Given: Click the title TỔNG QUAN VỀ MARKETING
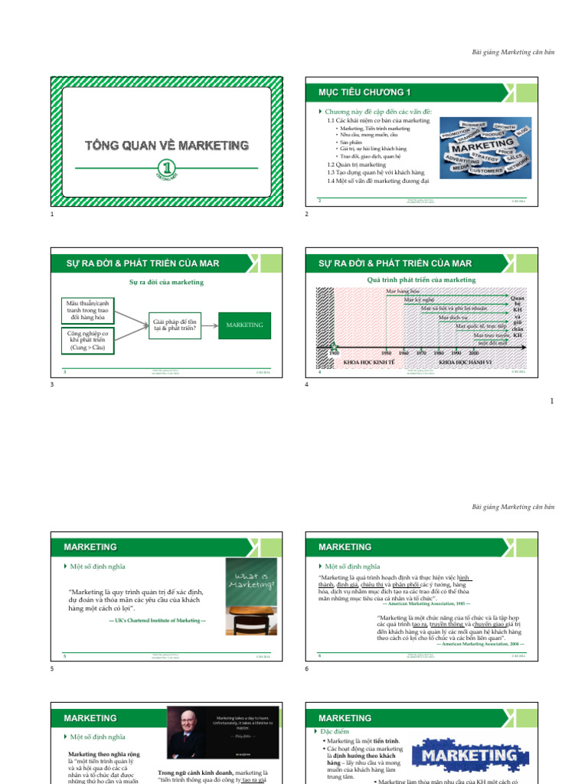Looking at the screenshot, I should [x=166, y=145].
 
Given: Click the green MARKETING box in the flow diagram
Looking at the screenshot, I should [x=244, y=325].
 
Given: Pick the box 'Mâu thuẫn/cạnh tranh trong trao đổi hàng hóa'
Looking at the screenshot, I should [x=86, y=310].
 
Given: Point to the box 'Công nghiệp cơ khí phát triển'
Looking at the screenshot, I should [x=86, y=341].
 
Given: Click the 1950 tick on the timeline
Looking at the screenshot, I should [x=387, y=353].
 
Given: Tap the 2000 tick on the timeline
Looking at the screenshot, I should [x=474, y=353].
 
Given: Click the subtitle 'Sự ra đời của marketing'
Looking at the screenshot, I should [x=166, y=283].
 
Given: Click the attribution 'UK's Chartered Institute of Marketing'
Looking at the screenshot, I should [x=158, y=619].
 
